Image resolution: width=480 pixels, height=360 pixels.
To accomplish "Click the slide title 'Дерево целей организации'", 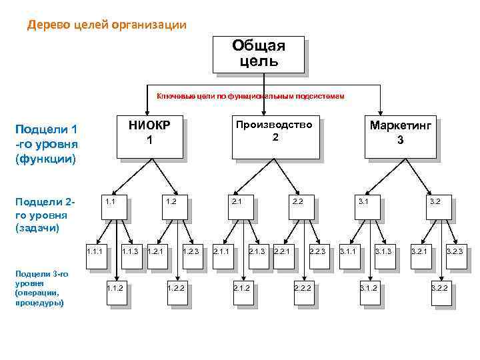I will (x=107, y=25).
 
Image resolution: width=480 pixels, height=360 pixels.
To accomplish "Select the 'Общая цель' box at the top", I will (x=258, y=54).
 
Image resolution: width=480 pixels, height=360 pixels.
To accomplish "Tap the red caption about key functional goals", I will (x=250, y=96).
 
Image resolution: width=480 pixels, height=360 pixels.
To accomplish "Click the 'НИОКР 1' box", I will (x=149, y=137).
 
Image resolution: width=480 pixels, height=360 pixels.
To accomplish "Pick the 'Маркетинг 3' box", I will (x=399, y=137).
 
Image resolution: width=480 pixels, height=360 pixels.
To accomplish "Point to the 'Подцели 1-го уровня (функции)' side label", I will (x=47, y=144).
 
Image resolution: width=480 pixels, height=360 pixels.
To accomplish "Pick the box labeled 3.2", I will (x=443, y=208).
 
